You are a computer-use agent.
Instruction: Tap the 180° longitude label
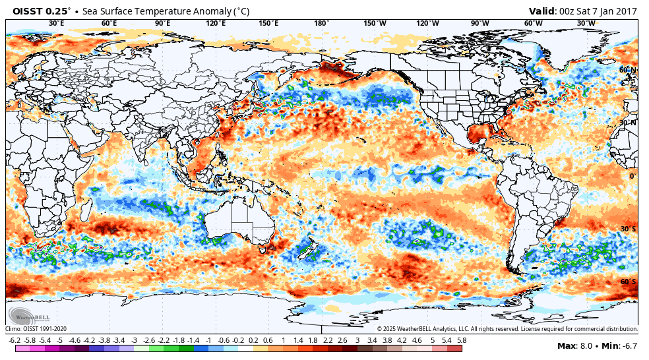(321, 24)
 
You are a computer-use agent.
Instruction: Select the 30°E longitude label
(57, 24)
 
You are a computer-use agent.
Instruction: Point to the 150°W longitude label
(375, 24)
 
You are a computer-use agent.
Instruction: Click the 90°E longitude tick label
(162, 24)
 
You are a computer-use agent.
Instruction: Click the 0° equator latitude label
(632, 176)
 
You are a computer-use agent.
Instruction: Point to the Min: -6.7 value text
(618, 346)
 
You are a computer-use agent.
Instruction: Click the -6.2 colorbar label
(14, 340)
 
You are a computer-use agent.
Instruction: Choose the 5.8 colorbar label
(462, 340)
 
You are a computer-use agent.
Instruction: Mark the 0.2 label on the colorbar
(253, 340)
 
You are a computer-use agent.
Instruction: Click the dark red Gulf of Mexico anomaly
(481, 135)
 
